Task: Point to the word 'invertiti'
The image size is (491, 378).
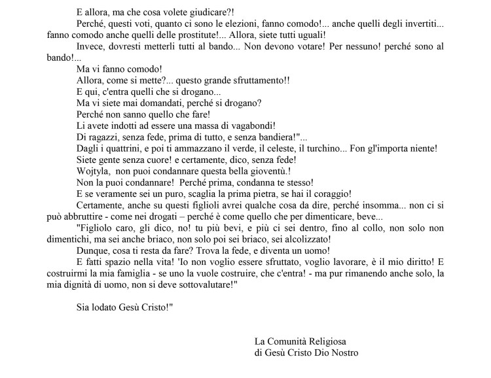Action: pos(421,24)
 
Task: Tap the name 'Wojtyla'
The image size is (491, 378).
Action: pos(94,171)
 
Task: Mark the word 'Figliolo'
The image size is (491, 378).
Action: pos(99,228)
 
